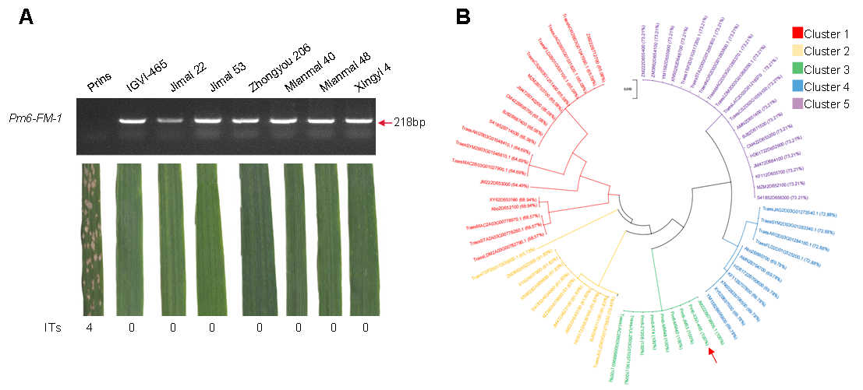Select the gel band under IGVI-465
click(x=136, y=121)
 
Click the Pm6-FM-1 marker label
click(x=38, y=122)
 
